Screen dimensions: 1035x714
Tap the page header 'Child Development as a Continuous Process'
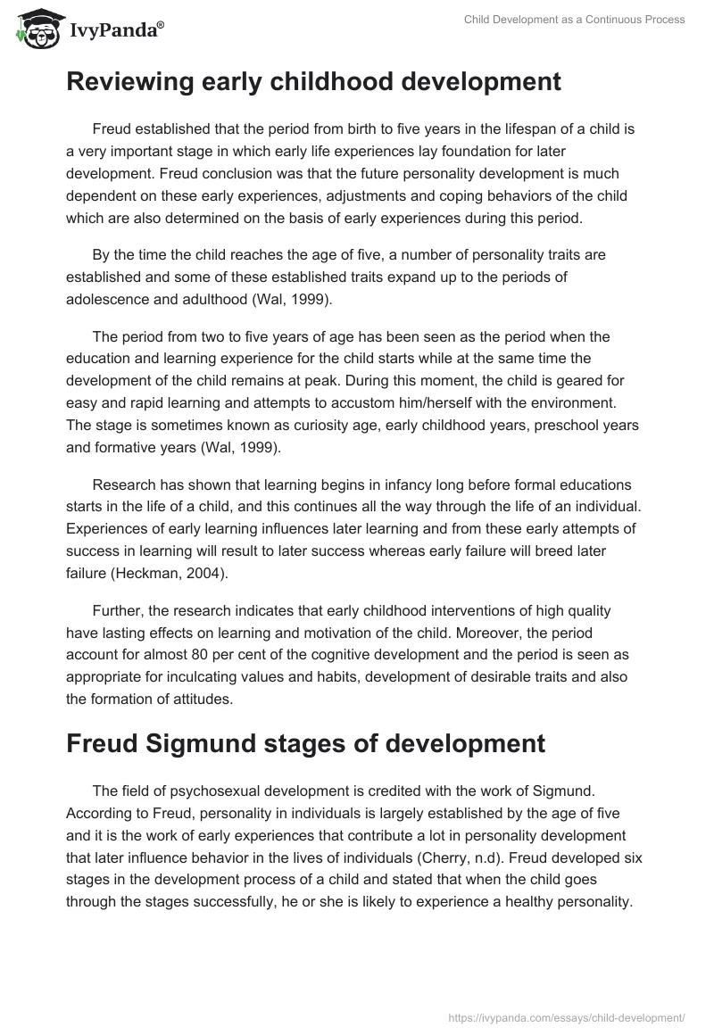coord(574,20)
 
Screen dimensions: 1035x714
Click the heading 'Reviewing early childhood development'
coord(313,82)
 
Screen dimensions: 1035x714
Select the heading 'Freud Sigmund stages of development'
coord(305,743)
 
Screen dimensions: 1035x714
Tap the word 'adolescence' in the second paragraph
coord(106,300)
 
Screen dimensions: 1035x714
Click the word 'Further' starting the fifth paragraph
coord(118,611)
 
